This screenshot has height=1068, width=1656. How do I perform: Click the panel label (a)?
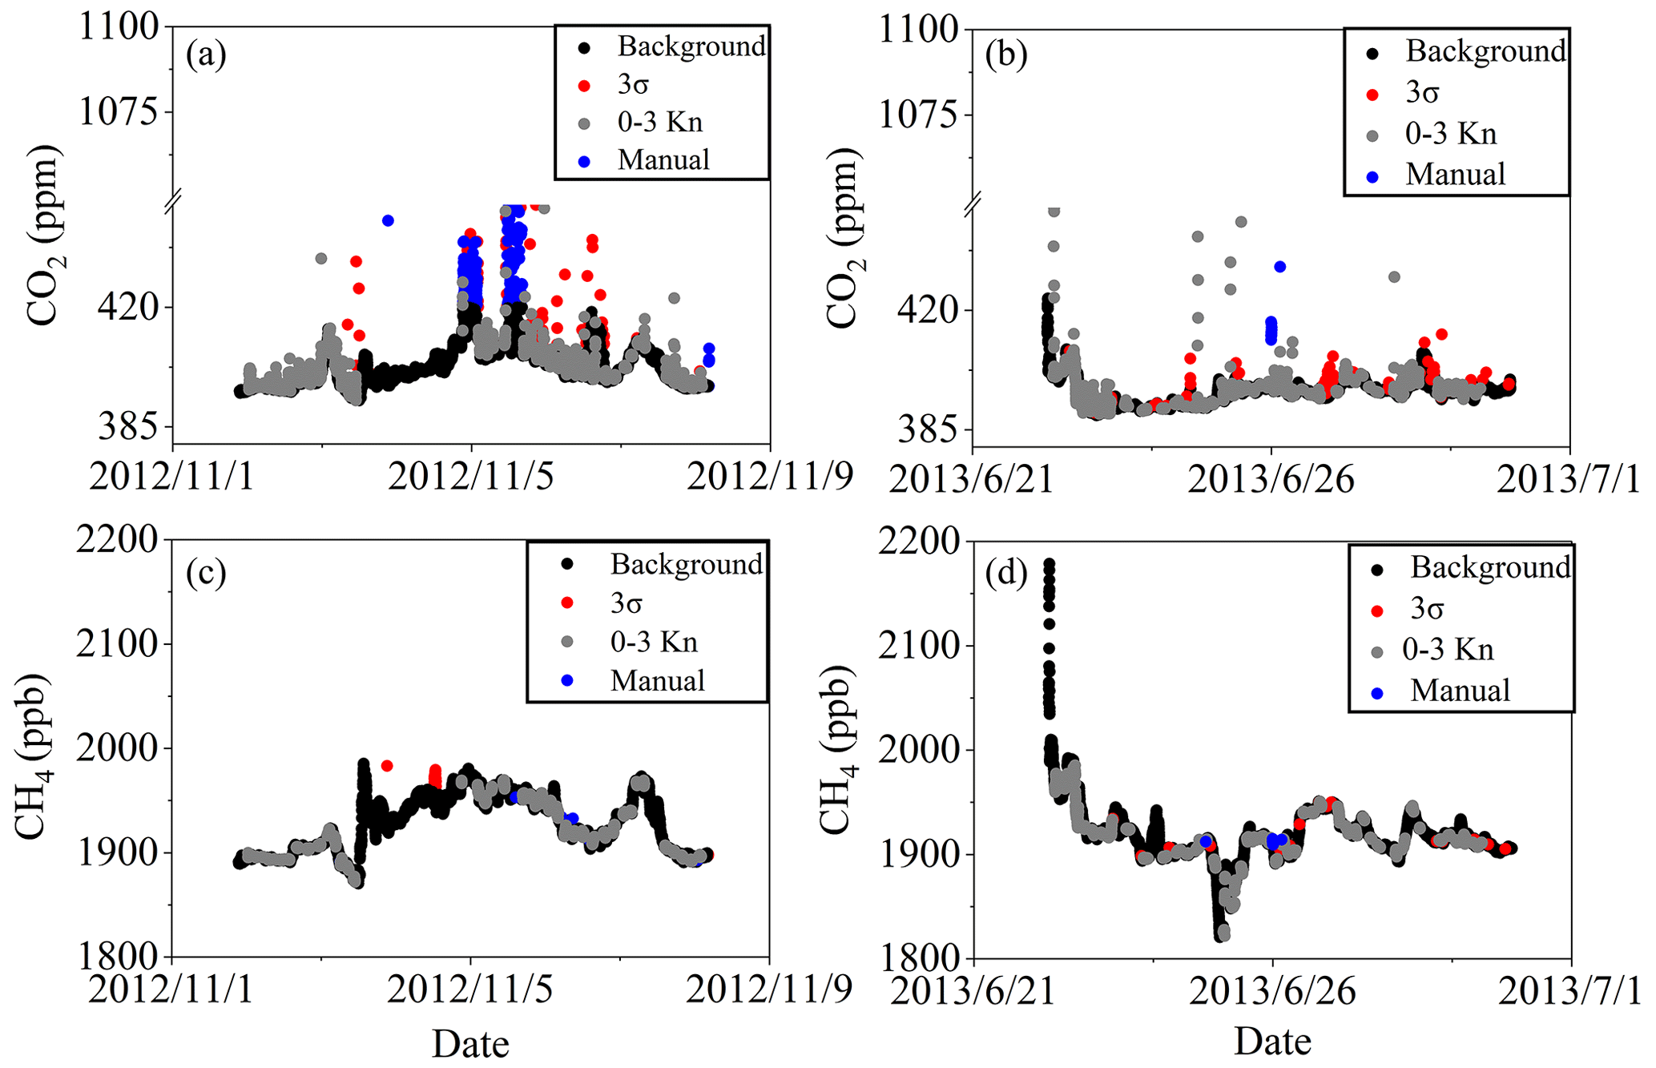pos(206,55)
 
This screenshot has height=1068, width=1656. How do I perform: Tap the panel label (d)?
pos(1006,574)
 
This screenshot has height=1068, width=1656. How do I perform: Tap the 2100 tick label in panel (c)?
pos(117,643)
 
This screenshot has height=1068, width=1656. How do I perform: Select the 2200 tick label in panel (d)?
pos(918,542)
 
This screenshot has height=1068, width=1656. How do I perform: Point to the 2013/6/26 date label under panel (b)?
pos(1271,479)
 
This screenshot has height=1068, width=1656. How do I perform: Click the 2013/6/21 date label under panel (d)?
pos(972,991)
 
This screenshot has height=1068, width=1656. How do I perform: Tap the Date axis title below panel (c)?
pos(470,1044)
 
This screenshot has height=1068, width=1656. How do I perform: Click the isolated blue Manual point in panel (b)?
pos(1279,267)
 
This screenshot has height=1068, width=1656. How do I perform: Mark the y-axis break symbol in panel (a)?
pos(173,202)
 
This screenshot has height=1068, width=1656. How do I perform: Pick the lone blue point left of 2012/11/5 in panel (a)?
pos(388,220)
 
